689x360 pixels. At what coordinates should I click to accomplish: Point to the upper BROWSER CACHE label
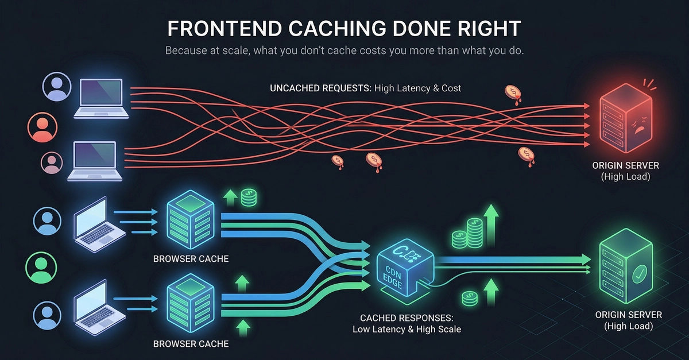tap(191, 259)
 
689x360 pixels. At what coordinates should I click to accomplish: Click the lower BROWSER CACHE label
tap(191, 344)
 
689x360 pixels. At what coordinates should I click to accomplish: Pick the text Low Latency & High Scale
tap(407, 330)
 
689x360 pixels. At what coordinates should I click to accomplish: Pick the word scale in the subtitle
tap(234, 51)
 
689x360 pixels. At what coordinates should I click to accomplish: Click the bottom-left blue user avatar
tap(47, 314)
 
